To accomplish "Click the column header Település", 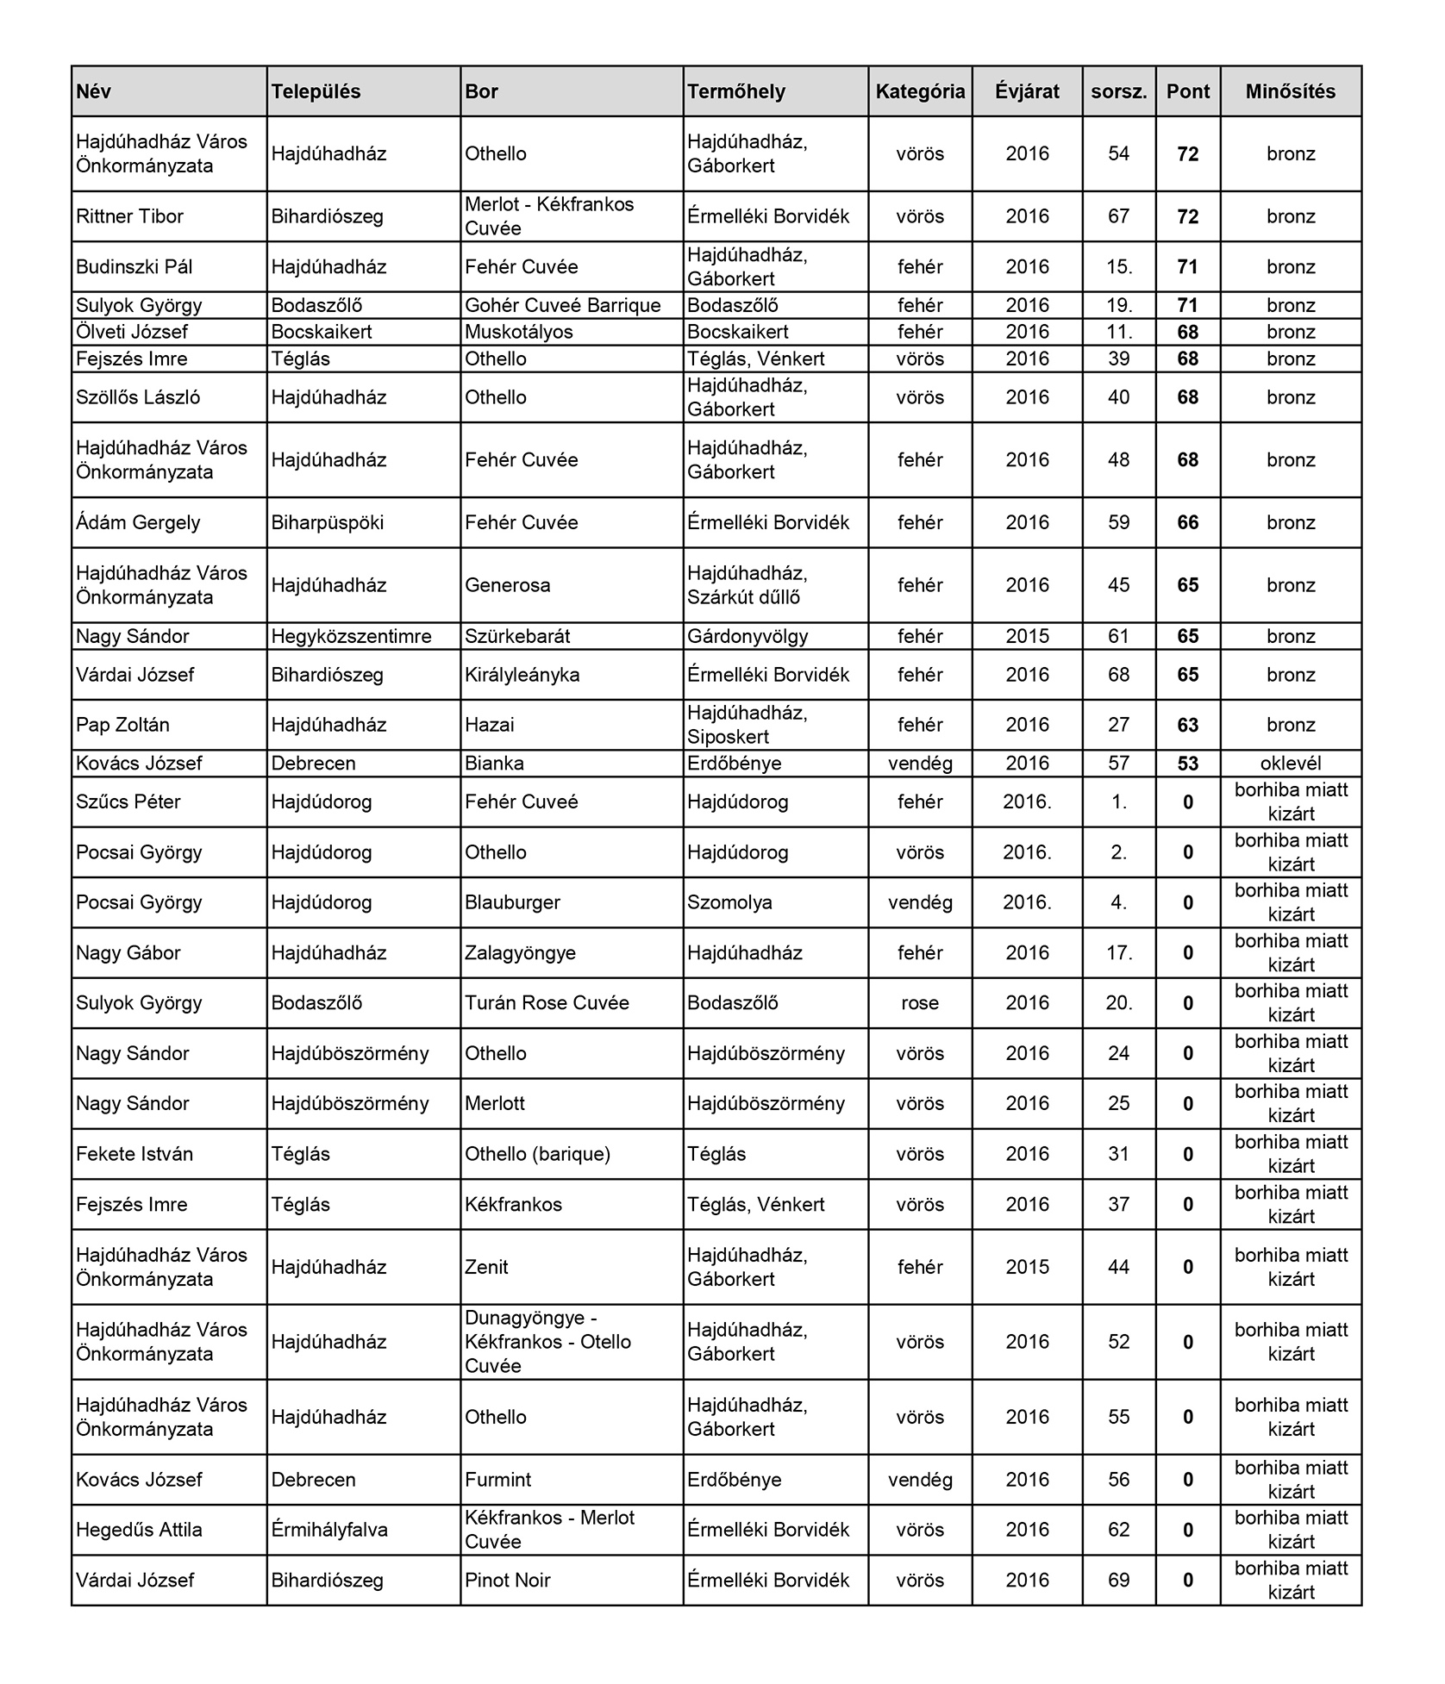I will click(x=316, y=92).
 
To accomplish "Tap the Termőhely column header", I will click(x=736, y=92).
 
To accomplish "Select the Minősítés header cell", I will click(x=1290, y=92).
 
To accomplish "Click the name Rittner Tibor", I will click(x=130, y=216).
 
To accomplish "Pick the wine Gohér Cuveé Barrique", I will click(x=562, y=306).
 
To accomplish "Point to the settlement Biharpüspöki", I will click(x=328, y=523).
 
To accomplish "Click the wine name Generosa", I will click(x=507, y=586).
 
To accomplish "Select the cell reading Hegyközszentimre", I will click(x=351, y=637).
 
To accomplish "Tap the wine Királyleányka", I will click(x=522, y=675).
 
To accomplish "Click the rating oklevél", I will click(x=1291, y=764).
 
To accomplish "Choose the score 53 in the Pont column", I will click(x=1187, y=764).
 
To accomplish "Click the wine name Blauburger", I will click(x=512, y=903).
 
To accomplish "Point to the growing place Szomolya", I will click(x=729, y=903).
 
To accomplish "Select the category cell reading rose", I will click(x=920, y=1003).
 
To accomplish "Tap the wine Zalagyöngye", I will click(x=520, y=953).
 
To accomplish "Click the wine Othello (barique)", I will click(x=537, y=1155).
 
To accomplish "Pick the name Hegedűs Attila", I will click(x=139, y=1531).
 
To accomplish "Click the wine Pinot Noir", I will click(x=507, y=1581).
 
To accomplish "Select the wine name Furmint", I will click(x=497, y=1480).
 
